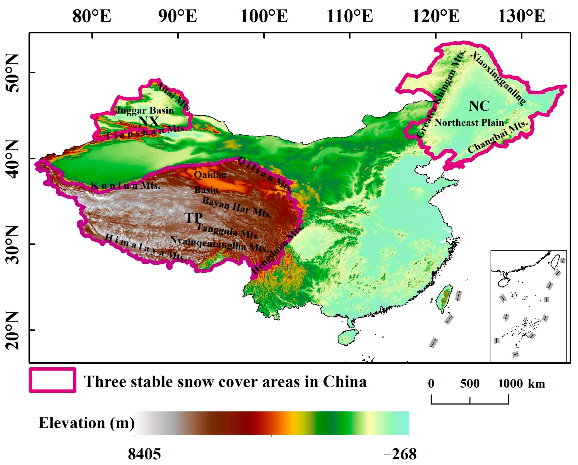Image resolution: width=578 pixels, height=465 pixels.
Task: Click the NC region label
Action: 479,106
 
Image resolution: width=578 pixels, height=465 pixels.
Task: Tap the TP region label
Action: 193,218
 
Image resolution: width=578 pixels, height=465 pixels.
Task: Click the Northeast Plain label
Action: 469,123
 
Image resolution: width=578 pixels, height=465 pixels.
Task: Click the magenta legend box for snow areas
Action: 53,380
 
